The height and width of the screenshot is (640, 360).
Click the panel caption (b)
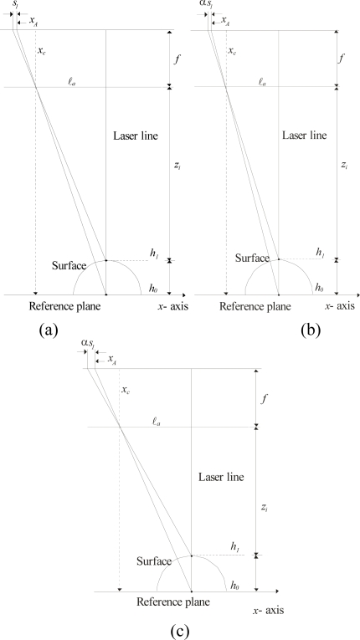tap(310, 329)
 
